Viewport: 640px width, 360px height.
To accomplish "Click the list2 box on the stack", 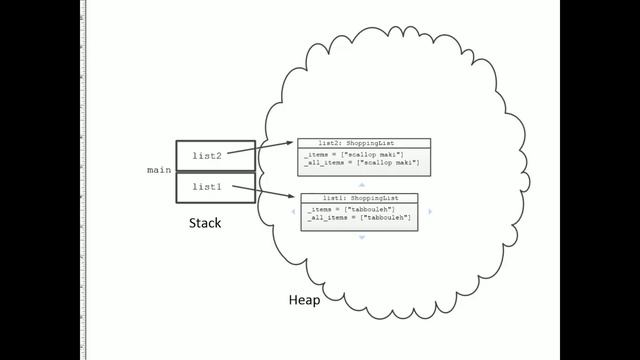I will click(215, 155).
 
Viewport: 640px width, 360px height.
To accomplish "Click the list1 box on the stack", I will click(215, 187).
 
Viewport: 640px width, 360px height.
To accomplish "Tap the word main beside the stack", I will click(159, 171).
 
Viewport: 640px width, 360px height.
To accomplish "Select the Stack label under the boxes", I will click(205, 223).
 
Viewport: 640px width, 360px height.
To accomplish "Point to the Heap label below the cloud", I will click(304, 300).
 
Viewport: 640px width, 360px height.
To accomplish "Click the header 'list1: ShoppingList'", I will click(358, 198).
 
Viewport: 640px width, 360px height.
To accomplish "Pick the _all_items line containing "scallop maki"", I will click(361, 163).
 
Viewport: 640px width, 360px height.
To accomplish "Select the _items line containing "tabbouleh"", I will click(345, 209).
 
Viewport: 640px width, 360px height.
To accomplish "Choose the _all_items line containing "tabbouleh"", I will click(354, 217).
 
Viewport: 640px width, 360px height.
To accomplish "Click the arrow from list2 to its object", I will click(274, 148).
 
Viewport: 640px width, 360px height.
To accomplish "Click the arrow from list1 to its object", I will click(276, 192).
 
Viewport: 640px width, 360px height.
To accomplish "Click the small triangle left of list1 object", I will click(291, 212).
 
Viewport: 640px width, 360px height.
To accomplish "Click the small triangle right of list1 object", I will click(430, 212).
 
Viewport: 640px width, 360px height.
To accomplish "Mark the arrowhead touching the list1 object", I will click(294, 197).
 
